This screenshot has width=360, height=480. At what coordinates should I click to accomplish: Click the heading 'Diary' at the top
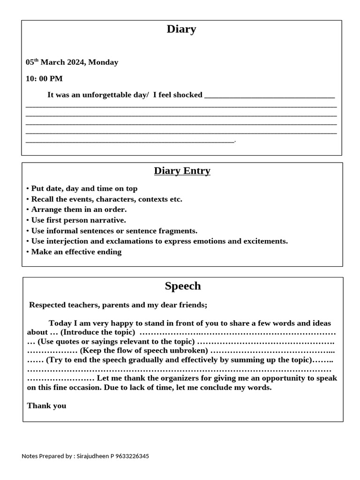tap(181, 29)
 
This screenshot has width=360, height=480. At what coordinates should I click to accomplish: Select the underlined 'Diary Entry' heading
tap(182, 171)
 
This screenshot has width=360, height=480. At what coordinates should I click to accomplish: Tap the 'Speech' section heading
tap(183, 286)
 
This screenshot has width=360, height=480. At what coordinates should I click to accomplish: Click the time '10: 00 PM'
tap(44, 78)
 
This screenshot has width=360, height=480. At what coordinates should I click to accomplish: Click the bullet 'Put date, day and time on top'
tap(84, 188)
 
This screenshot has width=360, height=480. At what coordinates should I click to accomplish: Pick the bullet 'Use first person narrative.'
tap(78, 220)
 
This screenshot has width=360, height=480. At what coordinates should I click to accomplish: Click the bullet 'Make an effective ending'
tap(76, 252)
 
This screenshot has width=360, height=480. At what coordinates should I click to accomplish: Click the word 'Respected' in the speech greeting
tap(47, 305)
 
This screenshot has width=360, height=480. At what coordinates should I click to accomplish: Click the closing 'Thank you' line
tap(46, 405)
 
